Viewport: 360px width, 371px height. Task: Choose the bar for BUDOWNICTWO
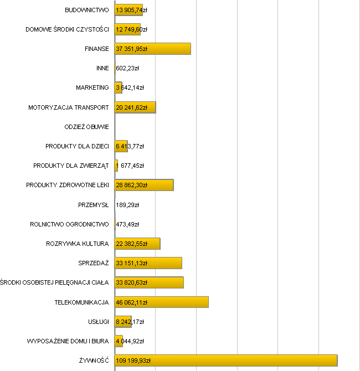click(x=128, y=10)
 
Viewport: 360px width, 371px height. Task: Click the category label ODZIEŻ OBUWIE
click(x=86, y=127)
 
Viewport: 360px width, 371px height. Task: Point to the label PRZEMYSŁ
click(x=94, y=205)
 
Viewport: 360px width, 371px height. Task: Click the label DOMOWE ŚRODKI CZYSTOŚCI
click(x=67, y=29)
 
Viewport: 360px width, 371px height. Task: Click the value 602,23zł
click(x=127, y=68)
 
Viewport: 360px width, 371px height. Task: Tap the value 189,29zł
click(x=127, y=205)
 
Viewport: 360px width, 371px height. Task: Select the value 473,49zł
click(x=127, y=224)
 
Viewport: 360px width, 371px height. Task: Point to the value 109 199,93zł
click(x=133, y=360)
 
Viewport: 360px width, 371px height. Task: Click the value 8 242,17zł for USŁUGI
click(x=130, y=322)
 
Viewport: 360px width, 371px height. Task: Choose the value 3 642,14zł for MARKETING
click(x=130, y=87)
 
